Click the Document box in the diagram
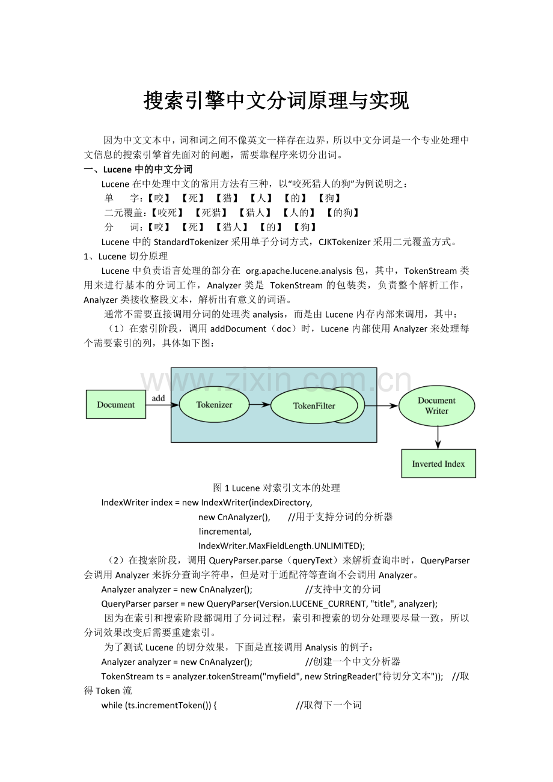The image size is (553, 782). [x=116, y=405]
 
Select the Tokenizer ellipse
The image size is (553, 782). [x=214, y=405]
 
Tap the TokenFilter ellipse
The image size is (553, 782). [x=313, y=406]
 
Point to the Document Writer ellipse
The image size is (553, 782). [x=437, y=406]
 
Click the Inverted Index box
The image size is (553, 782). [x=438, y=464]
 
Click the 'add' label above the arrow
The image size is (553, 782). [x=158, y=398]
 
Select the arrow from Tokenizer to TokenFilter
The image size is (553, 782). [x=260, y=405]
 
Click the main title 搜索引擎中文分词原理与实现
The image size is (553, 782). [x=276, y=101]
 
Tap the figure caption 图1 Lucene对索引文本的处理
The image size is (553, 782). [x=276, y=488]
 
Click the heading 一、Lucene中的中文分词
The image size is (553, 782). [x=138, y=169]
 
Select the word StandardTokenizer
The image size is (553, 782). [x=191, y=242]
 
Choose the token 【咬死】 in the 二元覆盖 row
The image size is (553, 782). [x=167, y=213]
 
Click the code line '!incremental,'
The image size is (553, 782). [x=225, y=531]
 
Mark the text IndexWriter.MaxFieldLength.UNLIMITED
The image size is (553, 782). [x=280, y=545]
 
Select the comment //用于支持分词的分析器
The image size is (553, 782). [x=340, y=517]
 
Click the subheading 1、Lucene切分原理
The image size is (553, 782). [x=126, y=256]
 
